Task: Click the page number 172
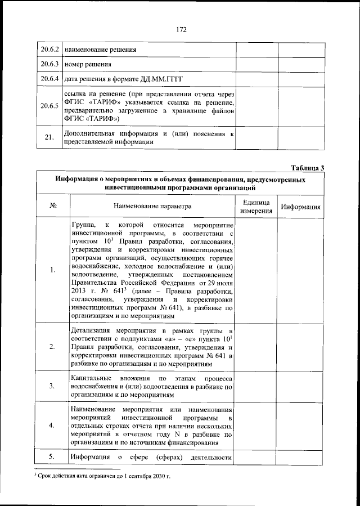point(180,29)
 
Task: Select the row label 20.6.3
point(49,64)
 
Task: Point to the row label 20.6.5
point(49,106)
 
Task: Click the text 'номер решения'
point(88,65)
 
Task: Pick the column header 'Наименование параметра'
point(152,207)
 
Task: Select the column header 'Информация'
point(301,207)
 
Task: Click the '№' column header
point(52,207)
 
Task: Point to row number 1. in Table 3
point(52,270)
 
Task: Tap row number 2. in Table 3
point(52,347)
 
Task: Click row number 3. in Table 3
point(52,386)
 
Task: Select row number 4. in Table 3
point(52,426)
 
